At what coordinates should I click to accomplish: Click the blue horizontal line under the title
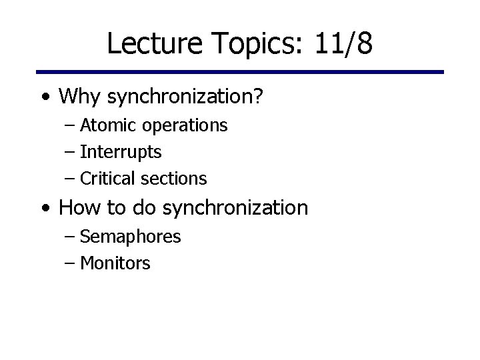tap(240, 72)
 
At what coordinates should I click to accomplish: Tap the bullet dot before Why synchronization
tap(44, 98)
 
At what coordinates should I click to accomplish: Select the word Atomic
tap(103, 125)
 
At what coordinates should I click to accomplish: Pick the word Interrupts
tap(121, 152)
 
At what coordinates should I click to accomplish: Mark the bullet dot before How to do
tap(44, 209)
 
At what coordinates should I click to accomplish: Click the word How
tap(78, 208)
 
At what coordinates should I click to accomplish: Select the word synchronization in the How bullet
tap(235, 208)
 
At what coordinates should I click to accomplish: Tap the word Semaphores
tap(130, 236)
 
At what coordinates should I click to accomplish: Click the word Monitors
tap(115, 263)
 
